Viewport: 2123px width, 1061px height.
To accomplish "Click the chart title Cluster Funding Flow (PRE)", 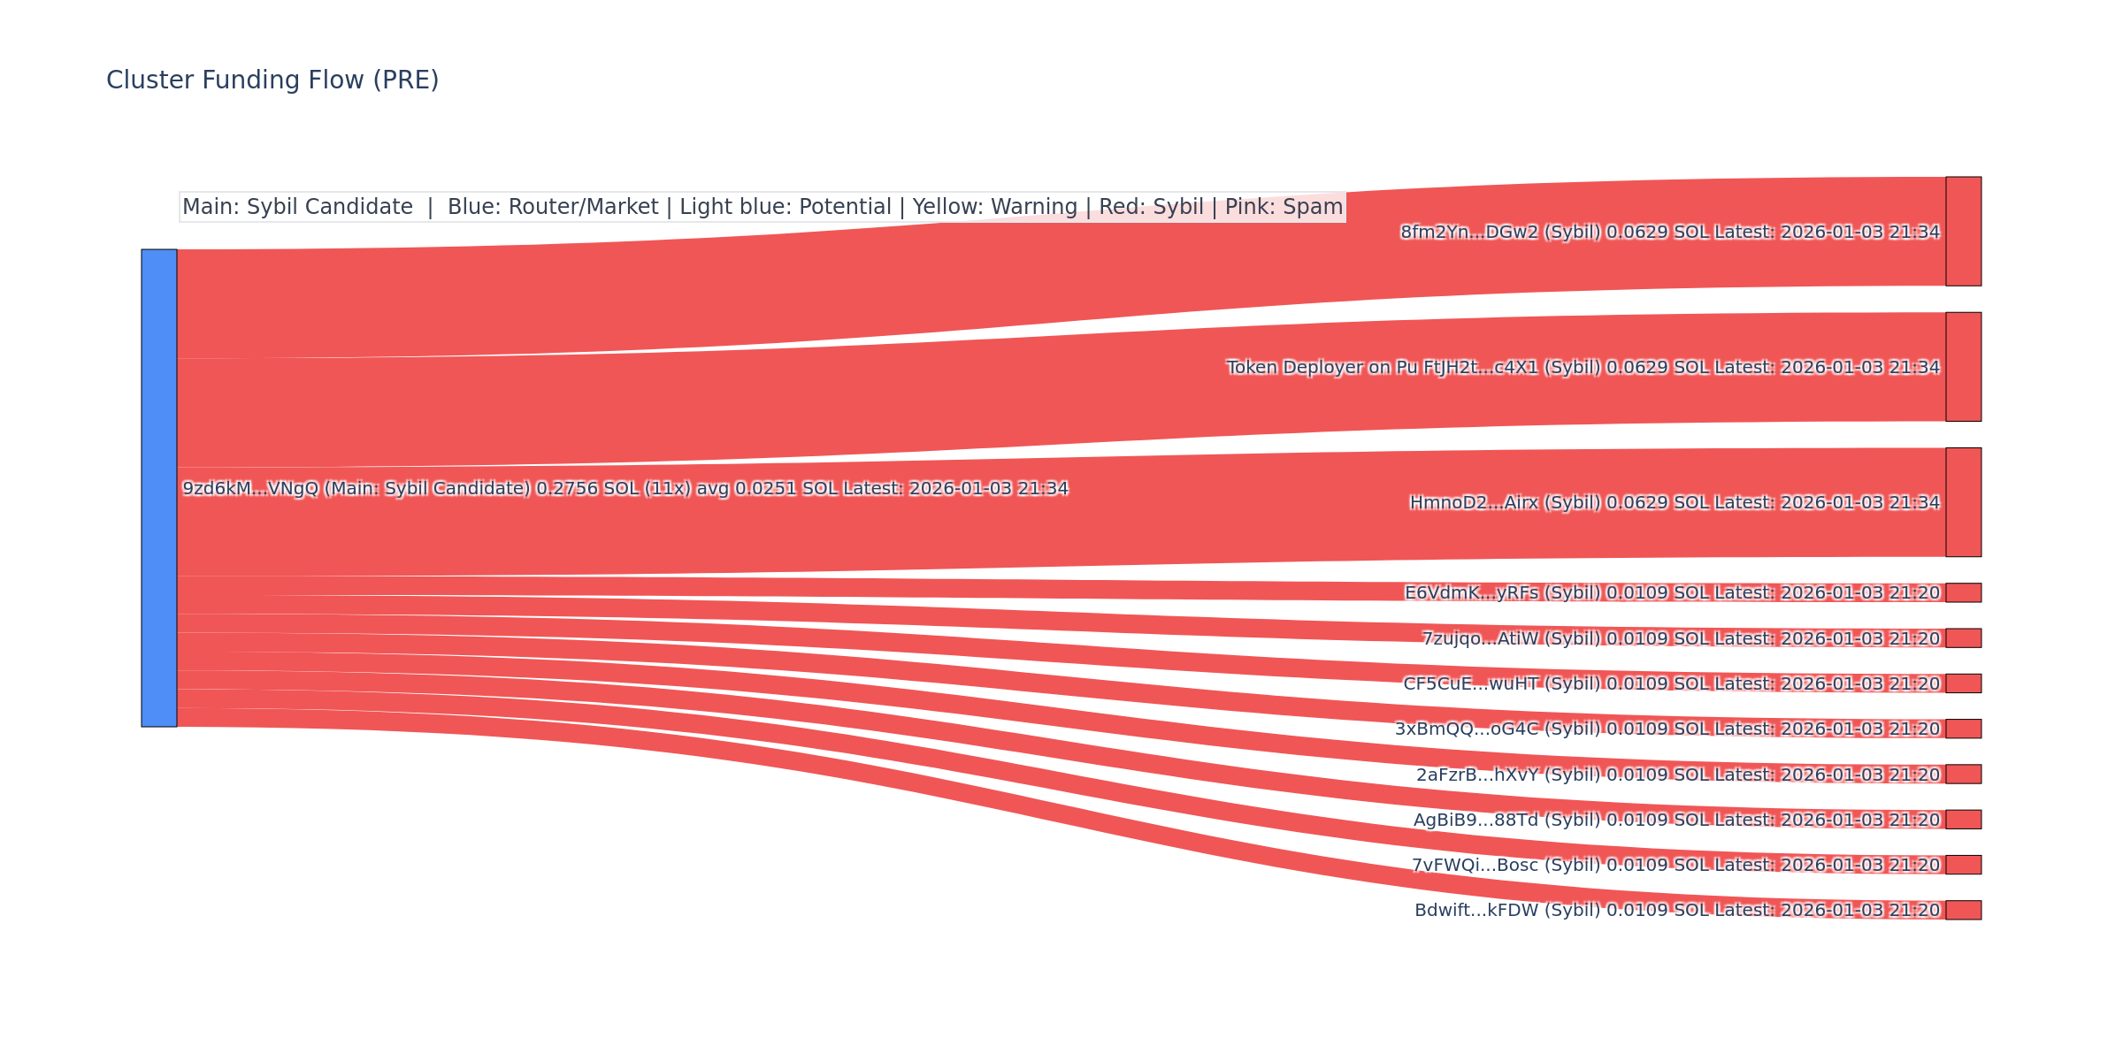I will tap(272, 80).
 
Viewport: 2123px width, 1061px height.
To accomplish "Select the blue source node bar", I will tap(159, 488).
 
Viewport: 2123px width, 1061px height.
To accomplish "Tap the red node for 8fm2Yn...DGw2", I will tap(1963, 232).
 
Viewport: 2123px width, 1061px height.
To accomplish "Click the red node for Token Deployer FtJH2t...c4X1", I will tap(1963, 367).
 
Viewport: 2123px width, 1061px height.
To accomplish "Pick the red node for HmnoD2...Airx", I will tap(1963, 502).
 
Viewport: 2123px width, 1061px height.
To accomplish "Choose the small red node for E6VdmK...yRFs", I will tap(1963, 592).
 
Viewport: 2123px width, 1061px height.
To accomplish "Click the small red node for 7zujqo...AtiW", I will tap(1963, 638).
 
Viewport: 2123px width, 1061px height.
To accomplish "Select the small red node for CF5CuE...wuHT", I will tap(1963, 683).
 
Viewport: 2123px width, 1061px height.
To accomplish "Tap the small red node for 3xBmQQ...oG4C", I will tap(1963, 729).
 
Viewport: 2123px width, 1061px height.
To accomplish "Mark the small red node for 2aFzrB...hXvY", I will tap(1963, 775).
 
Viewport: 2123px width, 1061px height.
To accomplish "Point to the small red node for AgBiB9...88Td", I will tap(1963, 820).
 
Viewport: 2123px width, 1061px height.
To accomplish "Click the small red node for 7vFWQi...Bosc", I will tap(1963, 865).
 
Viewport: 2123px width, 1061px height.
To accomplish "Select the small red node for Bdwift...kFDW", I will tap(1963, 910).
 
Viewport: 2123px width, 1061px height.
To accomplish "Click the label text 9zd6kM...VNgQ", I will tap(249, 489).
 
